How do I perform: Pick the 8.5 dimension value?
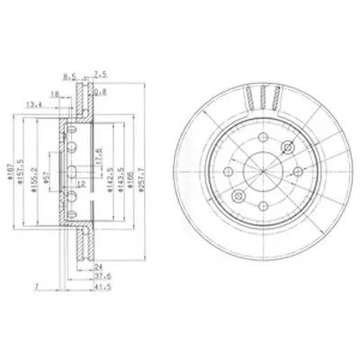(x=67, y=77)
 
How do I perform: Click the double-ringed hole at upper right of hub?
(x=287, y=148)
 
